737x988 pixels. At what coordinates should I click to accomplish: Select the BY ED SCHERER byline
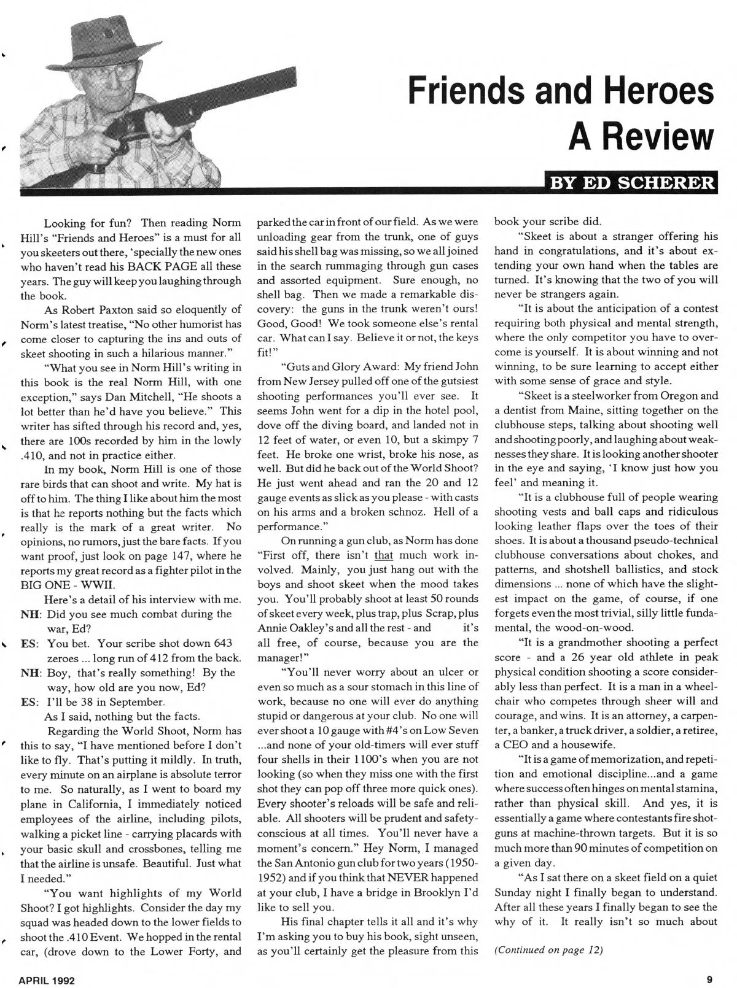tap(631, 183)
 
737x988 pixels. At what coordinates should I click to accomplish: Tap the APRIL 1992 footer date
tap(47, 980)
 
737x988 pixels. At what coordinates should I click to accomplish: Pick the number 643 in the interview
tap(219, 643)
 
